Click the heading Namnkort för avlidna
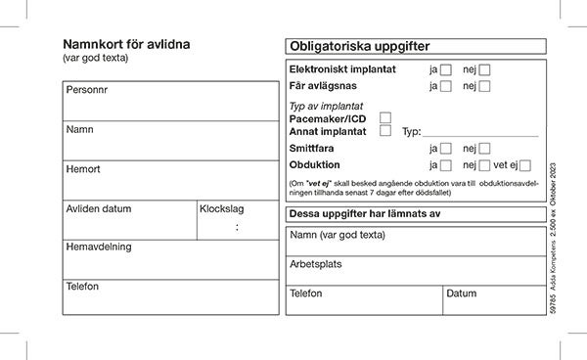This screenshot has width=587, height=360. (126, 44)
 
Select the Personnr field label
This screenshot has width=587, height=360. (87, 90)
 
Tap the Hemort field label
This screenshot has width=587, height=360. (82, 169)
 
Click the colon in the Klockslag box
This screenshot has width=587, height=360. (236, 227)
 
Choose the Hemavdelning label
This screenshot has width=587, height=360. (98, 247)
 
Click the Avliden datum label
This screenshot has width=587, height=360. (98, 208)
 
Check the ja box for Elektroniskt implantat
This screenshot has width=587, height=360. (446, 69)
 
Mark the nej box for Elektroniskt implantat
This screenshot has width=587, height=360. (484, 69)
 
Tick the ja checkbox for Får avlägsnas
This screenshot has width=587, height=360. (446, 86)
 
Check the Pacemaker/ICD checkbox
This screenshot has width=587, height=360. (385, 117)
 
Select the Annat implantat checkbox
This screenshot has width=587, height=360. (385, 130)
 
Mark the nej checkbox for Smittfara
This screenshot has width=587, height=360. (484, 149)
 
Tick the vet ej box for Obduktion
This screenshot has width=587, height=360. (525, 165)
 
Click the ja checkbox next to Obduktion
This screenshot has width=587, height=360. (446, 165)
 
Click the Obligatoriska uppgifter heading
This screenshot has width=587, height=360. (360, 47)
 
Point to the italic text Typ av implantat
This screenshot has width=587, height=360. (327, 106)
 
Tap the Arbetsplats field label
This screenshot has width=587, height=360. (316, 264)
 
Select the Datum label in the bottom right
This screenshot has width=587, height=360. (462, 292)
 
